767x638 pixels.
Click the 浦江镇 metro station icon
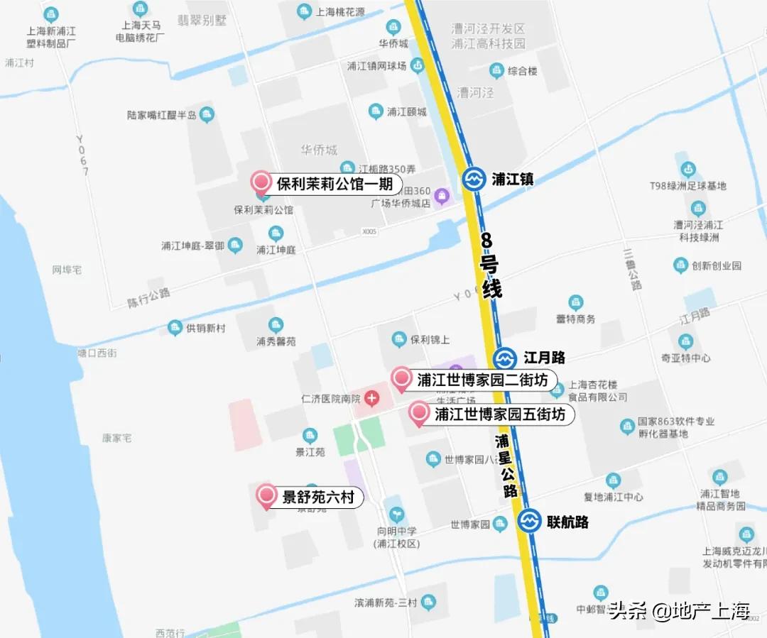click(x=474, y=180)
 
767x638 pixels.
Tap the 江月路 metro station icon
click(x=505, y=358)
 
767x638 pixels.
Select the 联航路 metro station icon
click(x=528, y=522)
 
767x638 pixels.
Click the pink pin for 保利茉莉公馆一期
click(x=262, y=182)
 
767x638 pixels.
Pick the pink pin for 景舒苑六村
click(x=267, y=495)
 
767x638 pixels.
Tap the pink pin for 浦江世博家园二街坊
click(x=401, y=378)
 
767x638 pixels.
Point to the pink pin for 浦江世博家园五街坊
click(x=419, y=412)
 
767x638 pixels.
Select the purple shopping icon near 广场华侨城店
click(x=442, y=195)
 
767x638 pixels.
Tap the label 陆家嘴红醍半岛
click(x=161, y=115)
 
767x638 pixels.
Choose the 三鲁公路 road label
click(x=631, y=268)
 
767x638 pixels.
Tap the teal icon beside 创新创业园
click(x=680, y=265)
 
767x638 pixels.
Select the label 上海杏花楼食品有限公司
click(x=597, y=391)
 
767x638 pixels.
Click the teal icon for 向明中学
click(x=396, y=512)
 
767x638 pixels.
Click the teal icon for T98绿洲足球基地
click(x=687, y=169)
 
